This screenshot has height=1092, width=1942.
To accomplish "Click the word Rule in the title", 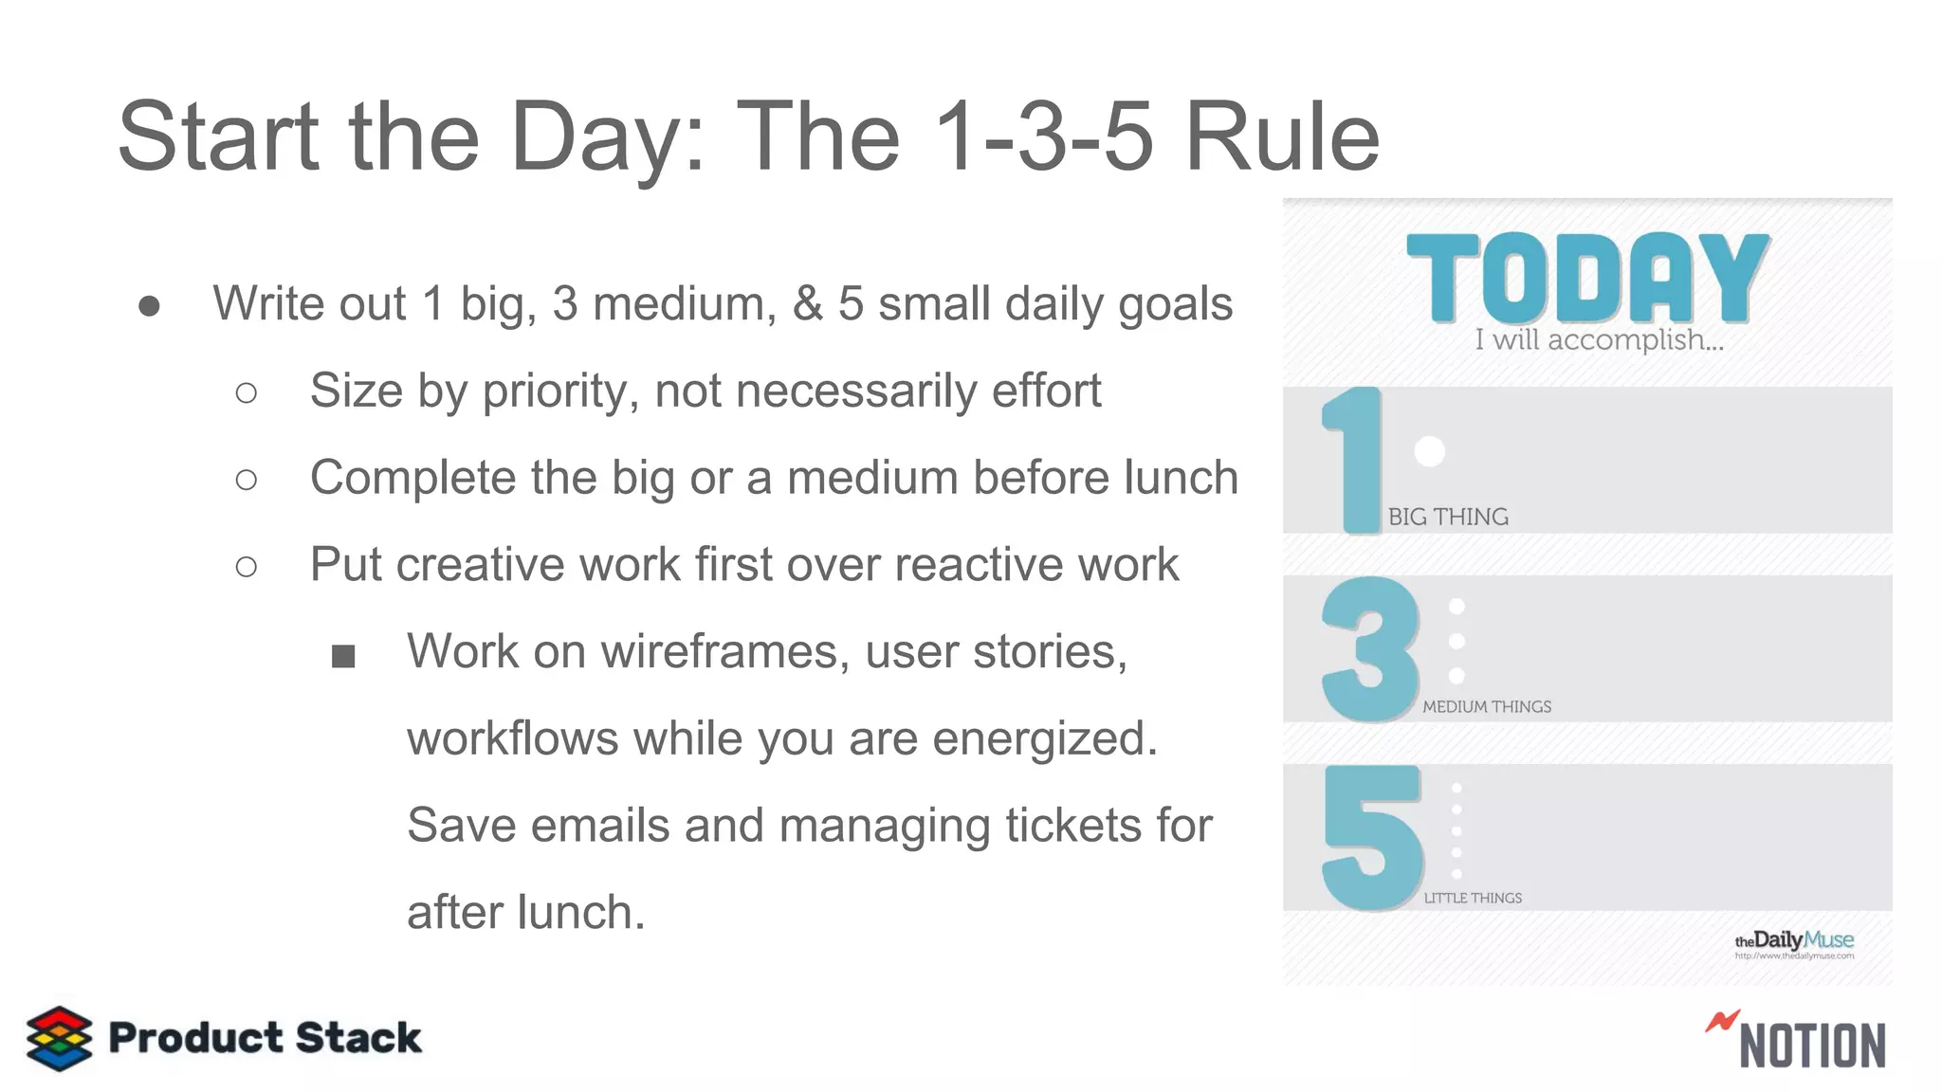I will coord(1282,137).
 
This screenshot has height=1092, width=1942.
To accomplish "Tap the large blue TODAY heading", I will coord(1587,278).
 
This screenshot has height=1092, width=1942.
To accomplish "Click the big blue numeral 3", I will coord(1370,649).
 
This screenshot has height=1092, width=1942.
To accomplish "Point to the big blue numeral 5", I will coord(1372,837).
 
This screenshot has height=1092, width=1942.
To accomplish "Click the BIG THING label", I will coord(1448,517).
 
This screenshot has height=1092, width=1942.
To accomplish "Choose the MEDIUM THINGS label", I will coord(1487,707).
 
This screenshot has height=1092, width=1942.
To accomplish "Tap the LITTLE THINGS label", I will coord(1473,898).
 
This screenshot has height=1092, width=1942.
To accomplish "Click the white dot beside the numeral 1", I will coord(1429,451).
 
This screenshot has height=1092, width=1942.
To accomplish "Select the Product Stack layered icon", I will coord(59,1038).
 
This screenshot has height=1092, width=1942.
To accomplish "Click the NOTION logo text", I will coord(1812,1046).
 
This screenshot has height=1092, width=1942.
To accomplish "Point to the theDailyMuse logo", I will coord(1794,942).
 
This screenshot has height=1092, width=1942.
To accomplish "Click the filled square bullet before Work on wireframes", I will coord(343,656).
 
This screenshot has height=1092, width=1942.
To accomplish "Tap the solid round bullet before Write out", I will coord(149,306).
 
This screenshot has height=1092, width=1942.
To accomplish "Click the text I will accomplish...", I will coord(1599,339).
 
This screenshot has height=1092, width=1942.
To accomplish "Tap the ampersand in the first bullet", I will coord(807,304).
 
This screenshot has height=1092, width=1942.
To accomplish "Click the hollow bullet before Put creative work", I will coord(247,567).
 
